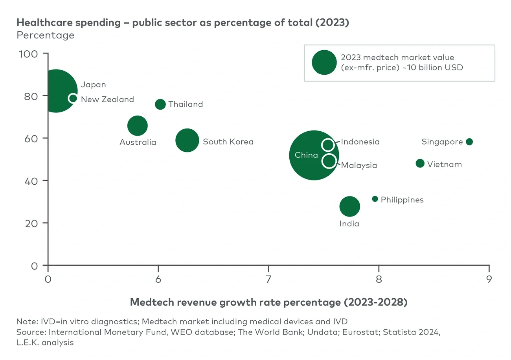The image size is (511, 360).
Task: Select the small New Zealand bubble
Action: coord(73,98)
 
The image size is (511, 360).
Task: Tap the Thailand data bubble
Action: coord(160,104)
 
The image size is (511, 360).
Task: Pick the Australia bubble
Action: coord(138,126)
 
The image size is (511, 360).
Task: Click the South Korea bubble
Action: coord(187,140)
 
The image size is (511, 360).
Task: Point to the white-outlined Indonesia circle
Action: coord(328,145)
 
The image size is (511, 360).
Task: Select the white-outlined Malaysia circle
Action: coord(329,160)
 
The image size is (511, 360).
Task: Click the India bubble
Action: coord(349,206)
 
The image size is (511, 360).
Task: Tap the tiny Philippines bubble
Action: coord(375,199)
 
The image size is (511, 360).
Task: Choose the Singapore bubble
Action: coord(469,141)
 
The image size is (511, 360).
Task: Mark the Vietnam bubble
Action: coord(420,163)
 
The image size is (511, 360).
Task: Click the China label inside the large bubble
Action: coord(306,155)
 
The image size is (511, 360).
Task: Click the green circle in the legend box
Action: coord(324,62)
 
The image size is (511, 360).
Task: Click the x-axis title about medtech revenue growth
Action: coord(268,302)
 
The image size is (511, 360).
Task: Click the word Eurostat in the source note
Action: coord(359,332)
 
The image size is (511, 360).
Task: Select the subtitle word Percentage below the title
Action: coord(45,35)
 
